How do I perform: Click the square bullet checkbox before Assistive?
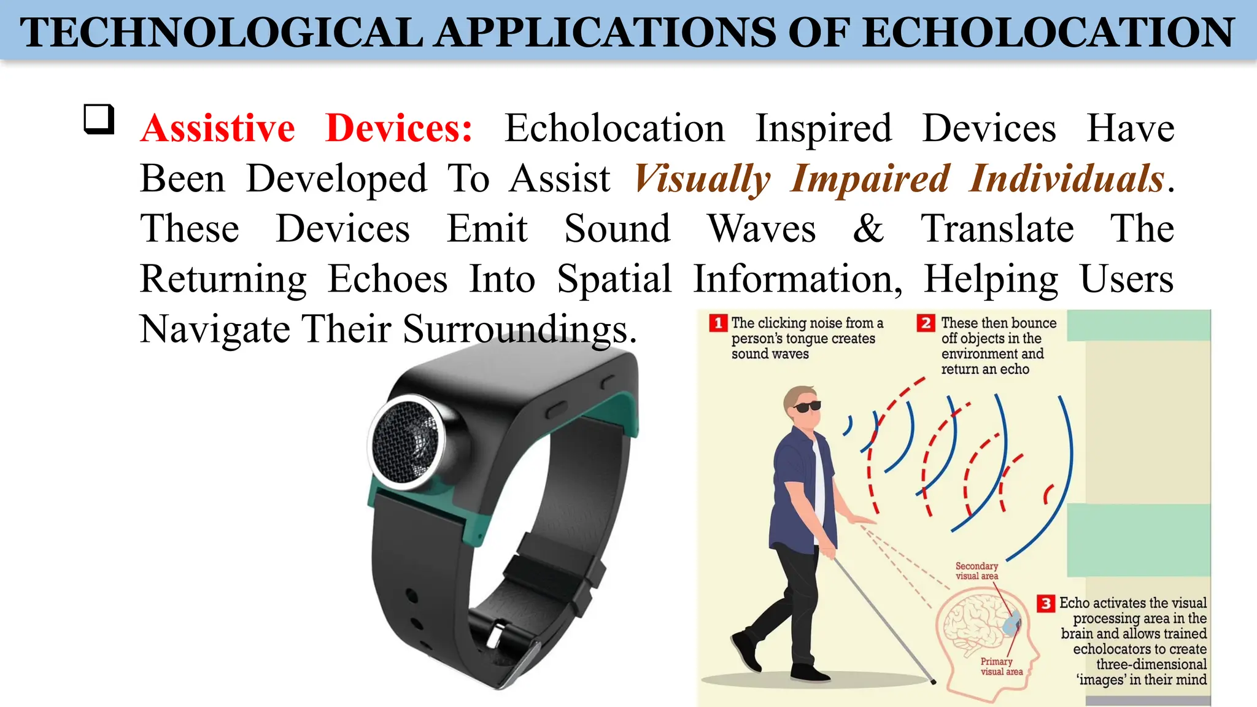(x=99, y=119)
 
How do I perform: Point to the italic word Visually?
(x=702, y=179)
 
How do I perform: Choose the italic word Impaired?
(x=871, y=179)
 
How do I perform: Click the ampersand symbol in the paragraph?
(x=868, y=228)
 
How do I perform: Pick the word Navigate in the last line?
(x=215, y=329)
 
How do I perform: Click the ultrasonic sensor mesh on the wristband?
(x=406, y=439)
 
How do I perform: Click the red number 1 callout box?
(x=717, y=323)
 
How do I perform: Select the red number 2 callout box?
(x=926, y=323)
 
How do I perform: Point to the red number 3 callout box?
(x=1046, y=603)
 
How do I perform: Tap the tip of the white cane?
(x=934, y=681)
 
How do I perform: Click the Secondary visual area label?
(x=977, y=571)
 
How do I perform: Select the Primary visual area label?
(x=1001, y=666)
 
